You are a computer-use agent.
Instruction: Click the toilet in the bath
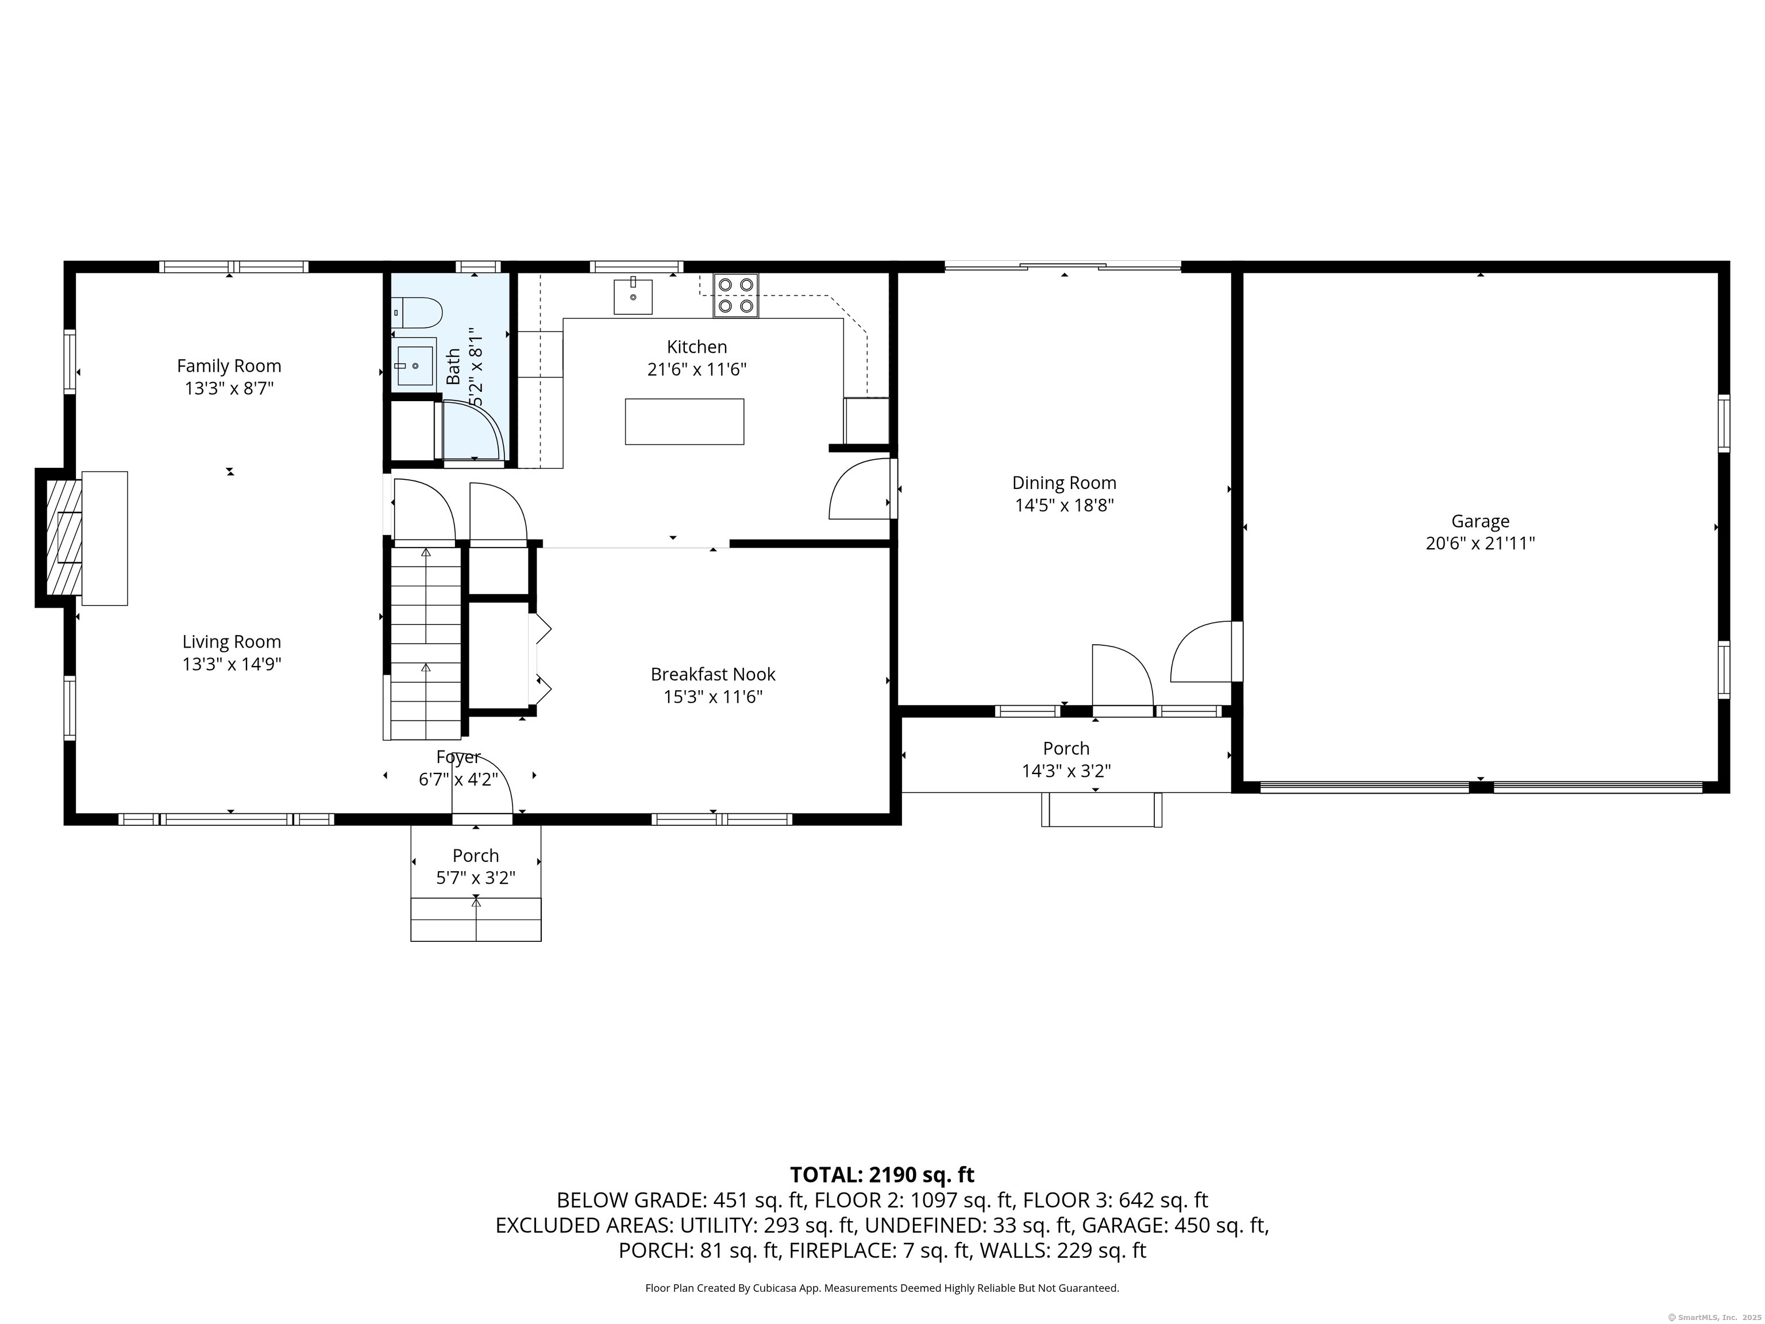point(418,313)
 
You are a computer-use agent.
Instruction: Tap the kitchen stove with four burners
point(735,295)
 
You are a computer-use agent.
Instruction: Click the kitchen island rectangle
point(684,421)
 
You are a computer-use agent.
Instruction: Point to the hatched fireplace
point(64,537)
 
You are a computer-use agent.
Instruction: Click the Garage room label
point(1479,521)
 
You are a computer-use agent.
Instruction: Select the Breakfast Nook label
point(712,675)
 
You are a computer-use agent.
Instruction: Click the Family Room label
point(229,365)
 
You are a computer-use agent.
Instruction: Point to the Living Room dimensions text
point(232,664)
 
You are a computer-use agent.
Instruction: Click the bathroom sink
point(415,365)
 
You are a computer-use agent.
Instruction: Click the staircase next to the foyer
point(425,642)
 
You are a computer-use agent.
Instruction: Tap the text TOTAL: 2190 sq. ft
point(882,1175)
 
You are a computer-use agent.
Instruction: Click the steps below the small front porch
point(476,919)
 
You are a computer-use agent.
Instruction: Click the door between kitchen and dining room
point(862,489)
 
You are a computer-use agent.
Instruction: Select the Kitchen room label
point(696,347)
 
